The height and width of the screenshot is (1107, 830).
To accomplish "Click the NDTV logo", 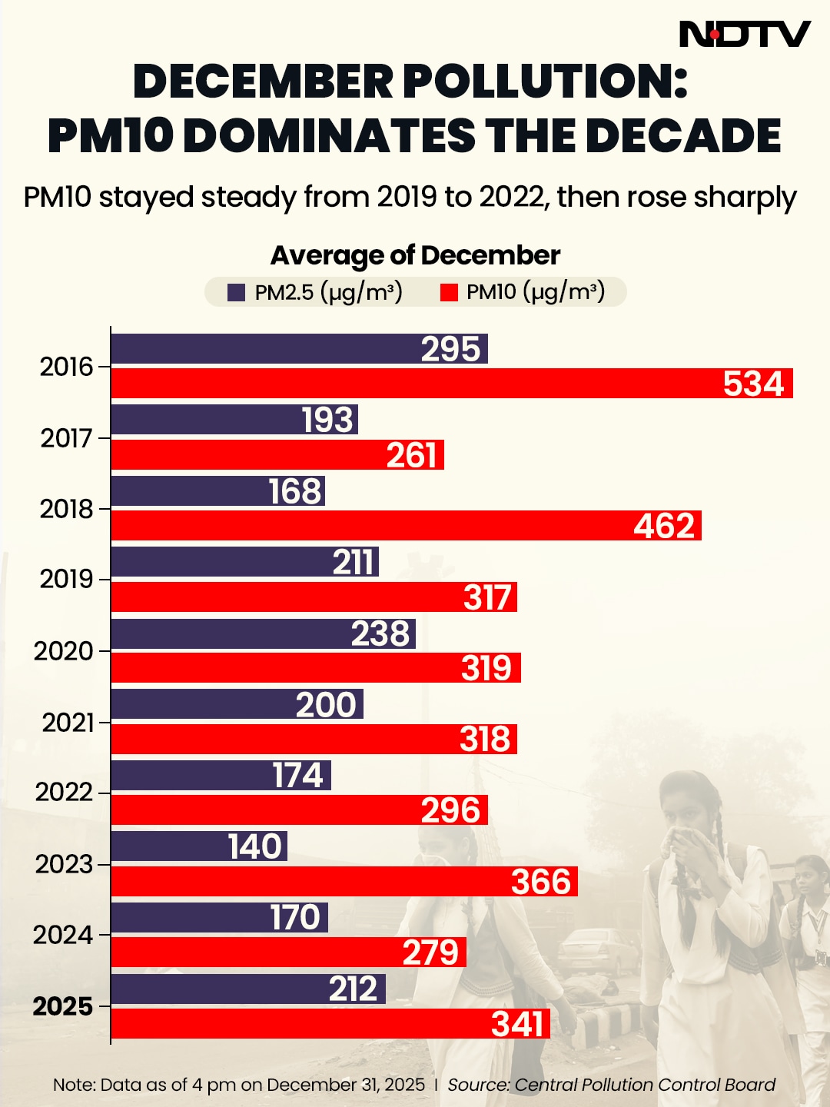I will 744,34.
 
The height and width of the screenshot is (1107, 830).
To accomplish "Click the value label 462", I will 664,526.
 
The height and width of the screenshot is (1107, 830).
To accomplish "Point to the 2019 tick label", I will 66,579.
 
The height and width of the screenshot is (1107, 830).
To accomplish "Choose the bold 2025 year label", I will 62,1006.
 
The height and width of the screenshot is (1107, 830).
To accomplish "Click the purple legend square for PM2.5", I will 237,292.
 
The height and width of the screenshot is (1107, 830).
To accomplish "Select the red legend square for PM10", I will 449,292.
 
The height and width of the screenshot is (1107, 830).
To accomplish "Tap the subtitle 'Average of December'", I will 415,255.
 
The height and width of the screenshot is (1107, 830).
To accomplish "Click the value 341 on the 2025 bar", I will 518,1024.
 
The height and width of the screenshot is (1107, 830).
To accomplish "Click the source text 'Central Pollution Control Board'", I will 644,1085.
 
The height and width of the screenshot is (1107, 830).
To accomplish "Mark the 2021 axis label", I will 68,723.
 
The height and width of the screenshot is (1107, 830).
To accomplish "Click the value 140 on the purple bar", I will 255,846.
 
